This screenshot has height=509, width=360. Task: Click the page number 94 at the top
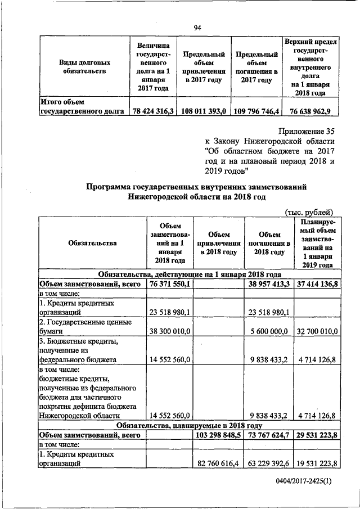point(197,28)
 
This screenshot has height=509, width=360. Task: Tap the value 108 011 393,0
point(203,111)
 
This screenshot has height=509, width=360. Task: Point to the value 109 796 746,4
point(256,111)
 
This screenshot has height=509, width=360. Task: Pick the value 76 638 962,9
point(310,111)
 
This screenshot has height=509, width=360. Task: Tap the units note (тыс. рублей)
point(310,211)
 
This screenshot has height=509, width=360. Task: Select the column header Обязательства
point(92,243)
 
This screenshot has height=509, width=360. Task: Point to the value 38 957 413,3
point(268,285)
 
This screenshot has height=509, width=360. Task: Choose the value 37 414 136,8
point(318,285)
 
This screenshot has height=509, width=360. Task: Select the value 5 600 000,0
point(269,332)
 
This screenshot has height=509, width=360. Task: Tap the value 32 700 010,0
point(318,332)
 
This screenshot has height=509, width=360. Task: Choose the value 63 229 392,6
point(268,464)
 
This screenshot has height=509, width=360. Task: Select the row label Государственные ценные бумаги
point(84,327)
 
